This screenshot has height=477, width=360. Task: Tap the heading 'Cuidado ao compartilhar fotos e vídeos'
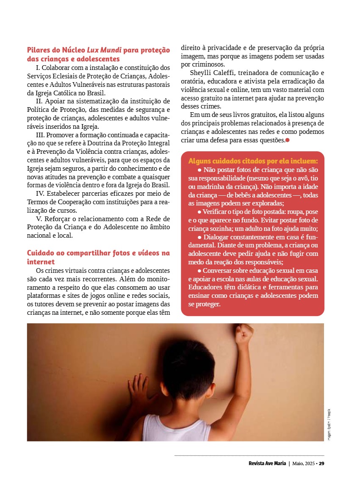tap(98, 253)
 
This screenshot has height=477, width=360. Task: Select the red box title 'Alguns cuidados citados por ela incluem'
tap(253, 161)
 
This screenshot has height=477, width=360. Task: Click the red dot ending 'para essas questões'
tap(288, 140)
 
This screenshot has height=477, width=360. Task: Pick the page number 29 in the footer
tap(321, 463)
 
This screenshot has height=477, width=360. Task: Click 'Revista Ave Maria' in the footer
tap(267, 463)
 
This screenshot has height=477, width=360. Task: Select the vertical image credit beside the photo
tap(329, 424)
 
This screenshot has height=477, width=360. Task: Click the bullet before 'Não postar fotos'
tap(199, 169)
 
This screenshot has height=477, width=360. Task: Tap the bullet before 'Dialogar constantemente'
tap(199, 237)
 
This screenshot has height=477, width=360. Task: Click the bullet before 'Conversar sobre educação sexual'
tap(199, 270)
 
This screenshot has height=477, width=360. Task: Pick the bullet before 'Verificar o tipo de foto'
tap(199, 211)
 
